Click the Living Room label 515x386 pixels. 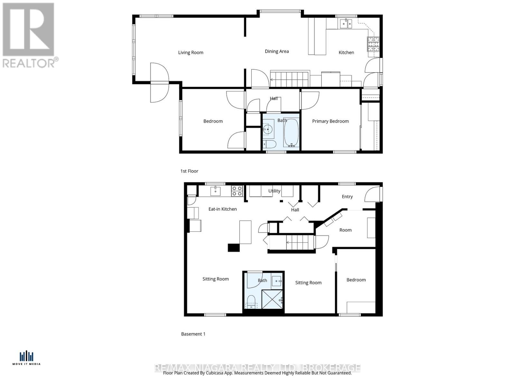191,52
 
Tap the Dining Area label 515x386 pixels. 276,51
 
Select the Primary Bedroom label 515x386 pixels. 330,121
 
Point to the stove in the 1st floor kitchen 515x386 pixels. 374,44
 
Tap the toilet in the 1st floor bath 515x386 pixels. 269,144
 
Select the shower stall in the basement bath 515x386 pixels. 272,299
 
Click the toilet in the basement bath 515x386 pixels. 251,302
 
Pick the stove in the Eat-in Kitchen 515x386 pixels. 237,191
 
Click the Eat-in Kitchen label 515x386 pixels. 222,209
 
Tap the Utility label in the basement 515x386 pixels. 274,191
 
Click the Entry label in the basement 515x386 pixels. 347,197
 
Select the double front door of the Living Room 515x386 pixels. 160,83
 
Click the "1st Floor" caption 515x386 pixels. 189,171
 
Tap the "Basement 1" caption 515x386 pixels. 193,334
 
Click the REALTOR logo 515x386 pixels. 30,35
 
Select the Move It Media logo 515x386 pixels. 26,358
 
